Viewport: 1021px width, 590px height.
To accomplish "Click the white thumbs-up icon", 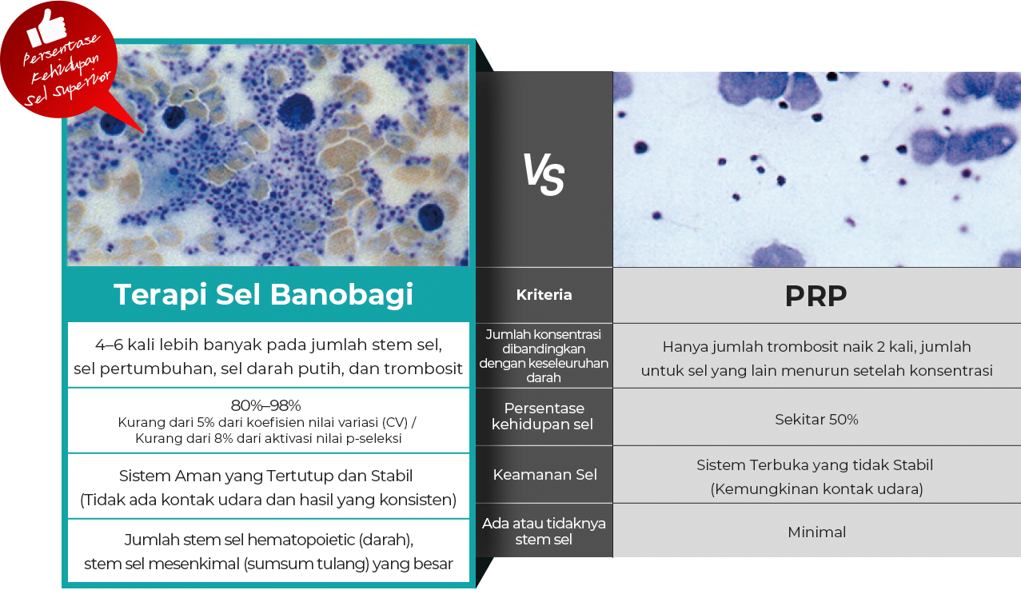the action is point(46,28).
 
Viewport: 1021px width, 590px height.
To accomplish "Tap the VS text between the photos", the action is point(544,174).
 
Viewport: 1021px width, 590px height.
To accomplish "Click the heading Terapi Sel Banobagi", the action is point(264,295).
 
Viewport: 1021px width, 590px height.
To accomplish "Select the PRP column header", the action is point(816,296).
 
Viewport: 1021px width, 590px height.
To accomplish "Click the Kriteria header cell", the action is point(544,295).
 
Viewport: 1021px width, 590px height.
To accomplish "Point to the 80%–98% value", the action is point(265,405).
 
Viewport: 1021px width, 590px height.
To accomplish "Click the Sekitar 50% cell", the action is point(816,419).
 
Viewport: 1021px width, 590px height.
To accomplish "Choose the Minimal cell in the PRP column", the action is point(817,532).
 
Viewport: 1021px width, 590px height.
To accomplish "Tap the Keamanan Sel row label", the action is point(544,475).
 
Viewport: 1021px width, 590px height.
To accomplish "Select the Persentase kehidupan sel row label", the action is point(544,416).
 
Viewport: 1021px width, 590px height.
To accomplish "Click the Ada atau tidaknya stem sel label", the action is point(544,531).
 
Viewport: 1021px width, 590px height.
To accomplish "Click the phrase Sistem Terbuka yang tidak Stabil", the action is point(815,464).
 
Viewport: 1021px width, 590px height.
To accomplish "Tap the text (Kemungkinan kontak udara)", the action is point(816,488).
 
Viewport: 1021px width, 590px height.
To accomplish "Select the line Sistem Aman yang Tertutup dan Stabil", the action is point(265,476).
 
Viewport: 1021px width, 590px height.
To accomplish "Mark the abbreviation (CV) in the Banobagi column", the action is point(395,422).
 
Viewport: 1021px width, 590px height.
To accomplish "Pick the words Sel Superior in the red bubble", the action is point(67,90).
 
